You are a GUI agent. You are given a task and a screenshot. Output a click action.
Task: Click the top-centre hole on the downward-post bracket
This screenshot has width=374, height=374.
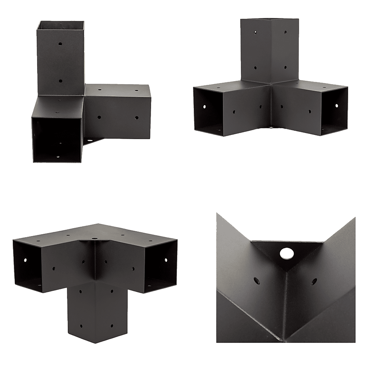tap(93, 237)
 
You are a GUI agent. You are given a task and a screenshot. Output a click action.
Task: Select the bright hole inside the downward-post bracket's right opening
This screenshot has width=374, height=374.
tap(165, 259)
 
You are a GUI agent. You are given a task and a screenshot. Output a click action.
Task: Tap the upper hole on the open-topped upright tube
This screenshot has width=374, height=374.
tap(60, 44)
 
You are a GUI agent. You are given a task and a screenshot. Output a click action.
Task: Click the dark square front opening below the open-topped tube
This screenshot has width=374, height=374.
tap(56, 138)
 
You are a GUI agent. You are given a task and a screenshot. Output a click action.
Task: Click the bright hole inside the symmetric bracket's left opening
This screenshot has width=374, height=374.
tap(205, 107)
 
